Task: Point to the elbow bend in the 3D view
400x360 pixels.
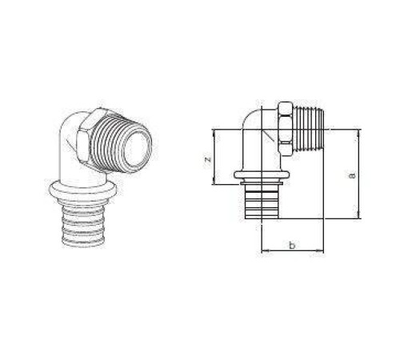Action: coord(70,144)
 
